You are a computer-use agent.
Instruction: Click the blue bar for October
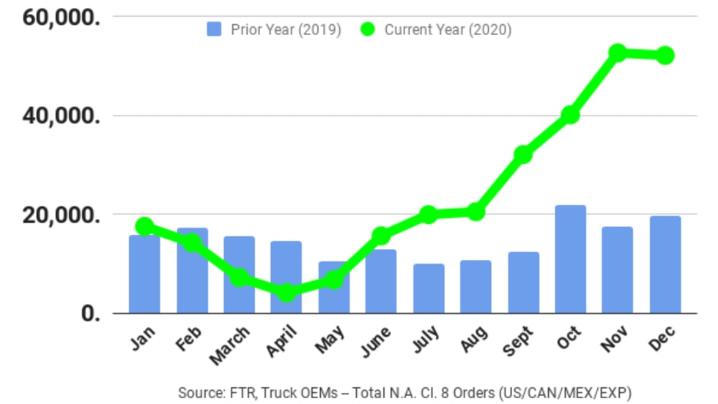click(570, 260)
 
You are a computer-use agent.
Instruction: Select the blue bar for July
click(429, 288)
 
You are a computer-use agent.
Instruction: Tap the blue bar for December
click(665, 265)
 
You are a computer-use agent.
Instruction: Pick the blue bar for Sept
click(523, 283)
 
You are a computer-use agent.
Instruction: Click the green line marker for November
click(618, 53)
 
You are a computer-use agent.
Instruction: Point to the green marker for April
click(286, 293)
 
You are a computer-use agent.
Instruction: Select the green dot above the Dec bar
click(665, 56)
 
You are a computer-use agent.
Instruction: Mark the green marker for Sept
click(523, 154)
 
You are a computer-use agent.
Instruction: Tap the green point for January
click(144, 225)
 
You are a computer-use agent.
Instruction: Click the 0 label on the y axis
click(91, 314)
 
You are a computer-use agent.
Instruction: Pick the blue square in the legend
click(214, 29)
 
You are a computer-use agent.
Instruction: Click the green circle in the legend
click(368, 29)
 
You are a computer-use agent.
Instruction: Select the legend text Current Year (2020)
click(448, 30)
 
